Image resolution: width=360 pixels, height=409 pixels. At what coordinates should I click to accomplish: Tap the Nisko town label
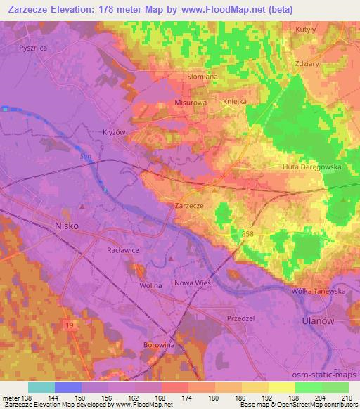click(x=67, y=226)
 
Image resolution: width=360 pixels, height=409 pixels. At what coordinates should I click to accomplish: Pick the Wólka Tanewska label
click(x=316, y=291)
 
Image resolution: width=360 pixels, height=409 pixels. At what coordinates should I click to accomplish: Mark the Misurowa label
click(x=190, y=102)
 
